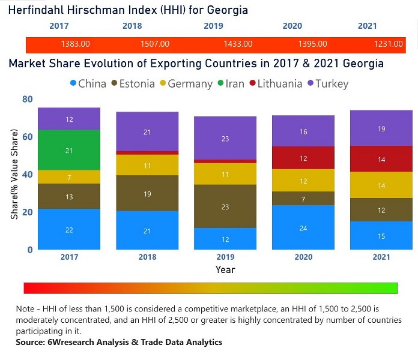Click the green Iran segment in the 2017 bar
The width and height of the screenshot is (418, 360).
coord(69,150)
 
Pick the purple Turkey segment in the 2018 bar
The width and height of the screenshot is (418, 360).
coord(147,131)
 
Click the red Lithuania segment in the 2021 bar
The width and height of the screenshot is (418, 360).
coord(381,159)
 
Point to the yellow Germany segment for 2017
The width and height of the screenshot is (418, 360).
coord(69,177)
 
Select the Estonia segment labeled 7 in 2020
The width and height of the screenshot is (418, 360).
coord(303,199)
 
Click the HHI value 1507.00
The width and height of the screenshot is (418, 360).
coord(154,44)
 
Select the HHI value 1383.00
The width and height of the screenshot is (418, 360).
coord(76,44)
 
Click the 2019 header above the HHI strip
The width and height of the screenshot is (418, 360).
coord(213,26)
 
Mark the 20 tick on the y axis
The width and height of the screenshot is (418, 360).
coord(27,212)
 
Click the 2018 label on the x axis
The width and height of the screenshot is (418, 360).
coord(147,257)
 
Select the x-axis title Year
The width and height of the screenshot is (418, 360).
coord(225,269)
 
